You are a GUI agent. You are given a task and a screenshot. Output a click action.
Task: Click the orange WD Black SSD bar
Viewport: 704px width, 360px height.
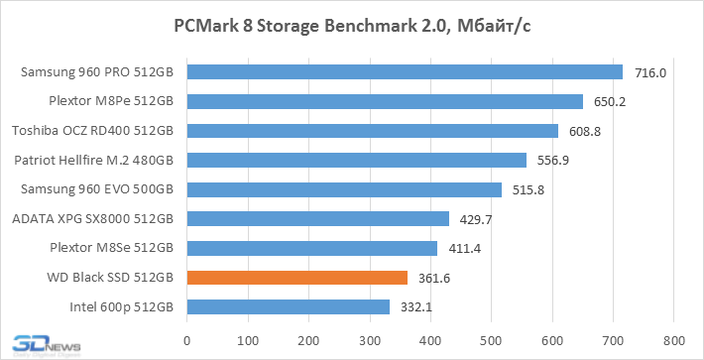[x=297, y=278]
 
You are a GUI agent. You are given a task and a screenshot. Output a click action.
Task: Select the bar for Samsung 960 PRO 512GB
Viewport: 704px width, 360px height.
[x=405, y=71]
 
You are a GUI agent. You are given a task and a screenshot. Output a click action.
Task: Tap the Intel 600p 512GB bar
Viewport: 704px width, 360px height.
[x=289, y=307]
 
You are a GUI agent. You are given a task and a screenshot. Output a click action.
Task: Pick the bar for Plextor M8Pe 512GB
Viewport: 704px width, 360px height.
[x=386, y=101]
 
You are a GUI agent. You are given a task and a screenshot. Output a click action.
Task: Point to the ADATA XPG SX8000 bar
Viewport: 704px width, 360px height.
[x=318, y=219]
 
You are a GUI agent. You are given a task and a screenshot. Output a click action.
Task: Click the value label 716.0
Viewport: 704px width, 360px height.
[x=650, y=72]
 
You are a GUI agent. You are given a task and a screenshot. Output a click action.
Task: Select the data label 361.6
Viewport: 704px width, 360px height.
[x=434, y=279]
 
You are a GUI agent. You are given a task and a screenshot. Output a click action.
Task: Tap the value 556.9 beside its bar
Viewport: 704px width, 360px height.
[x=553, y=161]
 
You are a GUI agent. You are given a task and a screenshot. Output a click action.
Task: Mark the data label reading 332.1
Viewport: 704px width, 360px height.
[x=416, y=307]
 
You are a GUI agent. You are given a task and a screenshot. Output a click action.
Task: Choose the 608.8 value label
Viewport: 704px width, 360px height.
[x=585, y=132]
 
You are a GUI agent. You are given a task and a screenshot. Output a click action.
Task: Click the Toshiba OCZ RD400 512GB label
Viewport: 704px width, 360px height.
[x=93, y=131]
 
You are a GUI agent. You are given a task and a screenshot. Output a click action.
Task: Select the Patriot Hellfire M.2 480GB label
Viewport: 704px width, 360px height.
[x=94, y=161]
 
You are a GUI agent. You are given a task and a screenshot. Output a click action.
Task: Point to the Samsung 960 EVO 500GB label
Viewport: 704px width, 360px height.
[x=97, y=189]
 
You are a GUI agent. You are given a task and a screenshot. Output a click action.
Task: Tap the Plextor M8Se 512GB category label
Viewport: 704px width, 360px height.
[x=112, y=248]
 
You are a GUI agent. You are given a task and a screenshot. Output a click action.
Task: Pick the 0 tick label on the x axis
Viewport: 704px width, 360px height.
[x=187, y=341]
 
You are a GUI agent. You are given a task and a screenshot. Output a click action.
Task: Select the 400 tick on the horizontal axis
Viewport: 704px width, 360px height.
[x=430, y=341]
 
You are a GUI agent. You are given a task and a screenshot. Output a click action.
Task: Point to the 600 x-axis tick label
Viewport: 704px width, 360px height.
[x=552, y=341]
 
